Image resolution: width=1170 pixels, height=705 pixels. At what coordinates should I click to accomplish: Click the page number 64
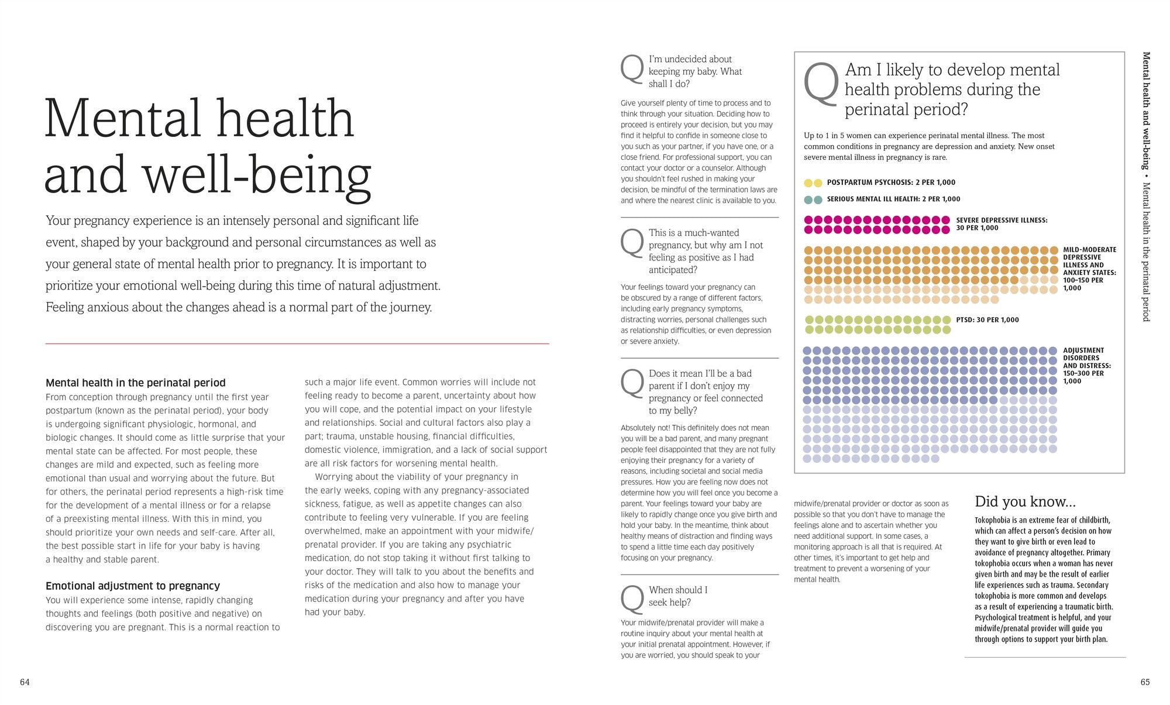[25, 682]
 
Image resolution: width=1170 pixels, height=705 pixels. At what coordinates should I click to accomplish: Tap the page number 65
[1145, 682]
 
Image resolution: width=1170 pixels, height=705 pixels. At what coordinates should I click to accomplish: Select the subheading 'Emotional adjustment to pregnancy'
[133, 586]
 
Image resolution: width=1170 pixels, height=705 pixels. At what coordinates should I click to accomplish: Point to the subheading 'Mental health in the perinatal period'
[135, 383]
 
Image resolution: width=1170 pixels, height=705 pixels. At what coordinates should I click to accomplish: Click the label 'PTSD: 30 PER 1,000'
[987, 320]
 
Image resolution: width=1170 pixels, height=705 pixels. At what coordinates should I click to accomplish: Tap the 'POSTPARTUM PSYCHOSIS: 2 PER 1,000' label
[891, 183]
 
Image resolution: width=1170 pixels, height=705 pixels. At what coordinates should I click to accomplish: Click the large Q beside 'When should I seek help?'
[632, 599]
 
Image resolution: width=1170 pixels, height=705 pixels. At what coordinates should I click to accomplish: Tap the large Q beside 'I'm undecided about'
[632, 70]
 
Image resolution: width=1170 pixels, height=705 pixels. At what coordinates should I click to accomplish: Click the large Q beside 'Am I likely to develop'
[821, 85]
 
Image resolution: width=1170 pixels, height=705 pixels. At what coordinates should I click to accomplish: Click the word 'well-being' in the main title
[257, 175]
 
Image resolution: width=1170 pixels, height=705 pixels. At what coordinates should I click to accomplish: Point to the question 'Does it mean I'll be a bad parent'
[705, 392]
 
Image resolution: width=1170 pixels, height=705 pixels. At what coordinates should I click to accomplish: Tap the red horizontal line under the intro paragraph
[297, 343]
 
